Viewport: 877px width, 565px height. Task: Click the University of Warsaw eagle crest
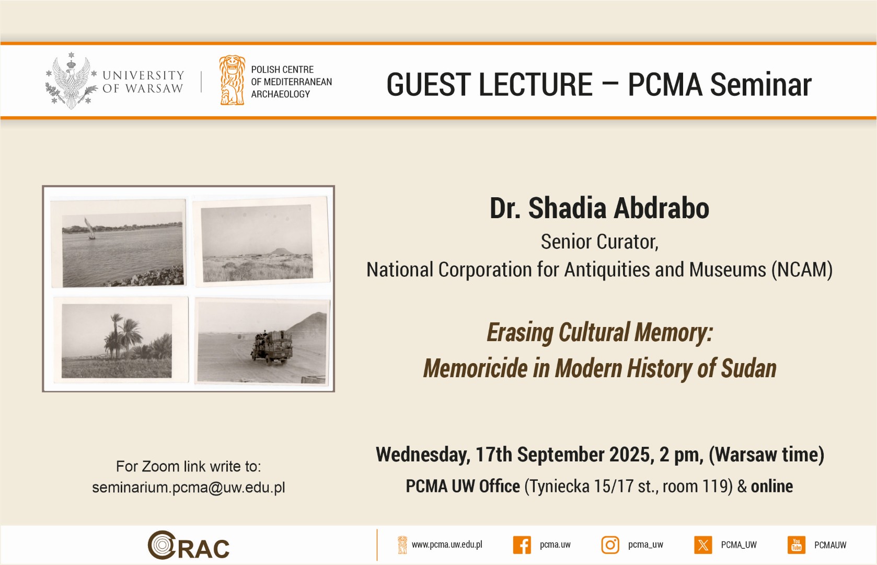71,81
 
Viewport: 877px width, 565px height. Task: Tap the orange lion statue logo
232,81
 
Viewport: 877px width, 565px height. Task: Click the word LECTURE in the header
535,84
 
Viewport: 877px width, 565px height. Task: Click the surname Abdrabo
661,208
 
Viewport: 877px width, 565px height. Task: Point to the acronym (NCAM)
802,269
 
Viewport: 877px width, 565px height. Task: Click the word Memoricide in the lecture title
475,369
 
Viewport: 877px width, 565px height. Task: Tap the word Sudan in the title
748,369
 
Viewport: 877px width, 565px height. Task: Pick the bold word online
771,487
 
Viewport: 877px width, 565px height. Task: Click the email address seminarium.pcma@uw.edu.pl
188,488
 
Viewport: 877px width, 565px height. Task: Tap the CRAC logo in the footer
188,545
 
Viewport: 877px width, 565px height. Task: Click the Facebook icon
522,545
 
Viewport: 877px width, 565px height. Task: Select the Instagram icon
610,545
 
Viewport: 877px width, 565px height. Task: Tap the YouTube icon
797,545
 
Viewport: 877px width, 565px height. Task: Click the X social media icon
703,545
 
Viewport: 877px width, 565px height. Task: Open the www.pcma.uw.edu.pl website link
447,545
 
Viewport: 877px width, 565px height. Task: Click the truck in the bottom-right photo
272,347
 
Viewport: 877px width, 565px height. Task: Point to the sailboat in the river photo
90,229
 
